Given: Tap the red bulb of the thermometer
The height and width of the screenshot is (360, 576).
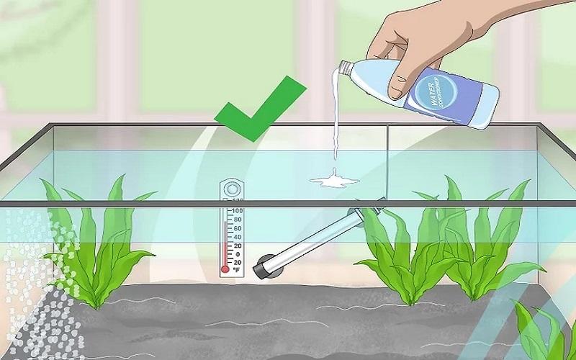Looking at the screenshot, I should pyautogui.click(x=225, y=269).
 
